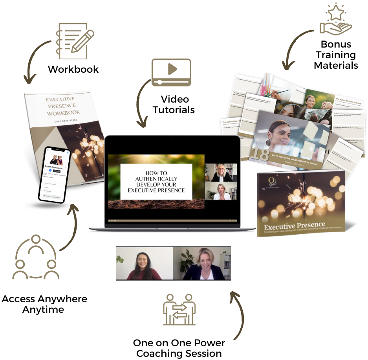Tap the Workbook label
[x=73, y=70]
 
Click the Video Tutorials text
[x=174, y=105]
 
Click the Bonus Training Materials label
[x=336, y=55]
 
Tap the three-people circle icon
[x=36, y=257]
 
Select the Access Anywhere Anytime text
[x=44, y=304]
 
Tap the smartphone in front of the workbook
[x=55, y=175]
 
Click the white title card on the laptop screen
[x=156, y=182]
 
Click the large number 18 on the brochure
[x=259, y=154]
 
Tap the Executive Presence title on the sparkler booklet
[x=295, y=226]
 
